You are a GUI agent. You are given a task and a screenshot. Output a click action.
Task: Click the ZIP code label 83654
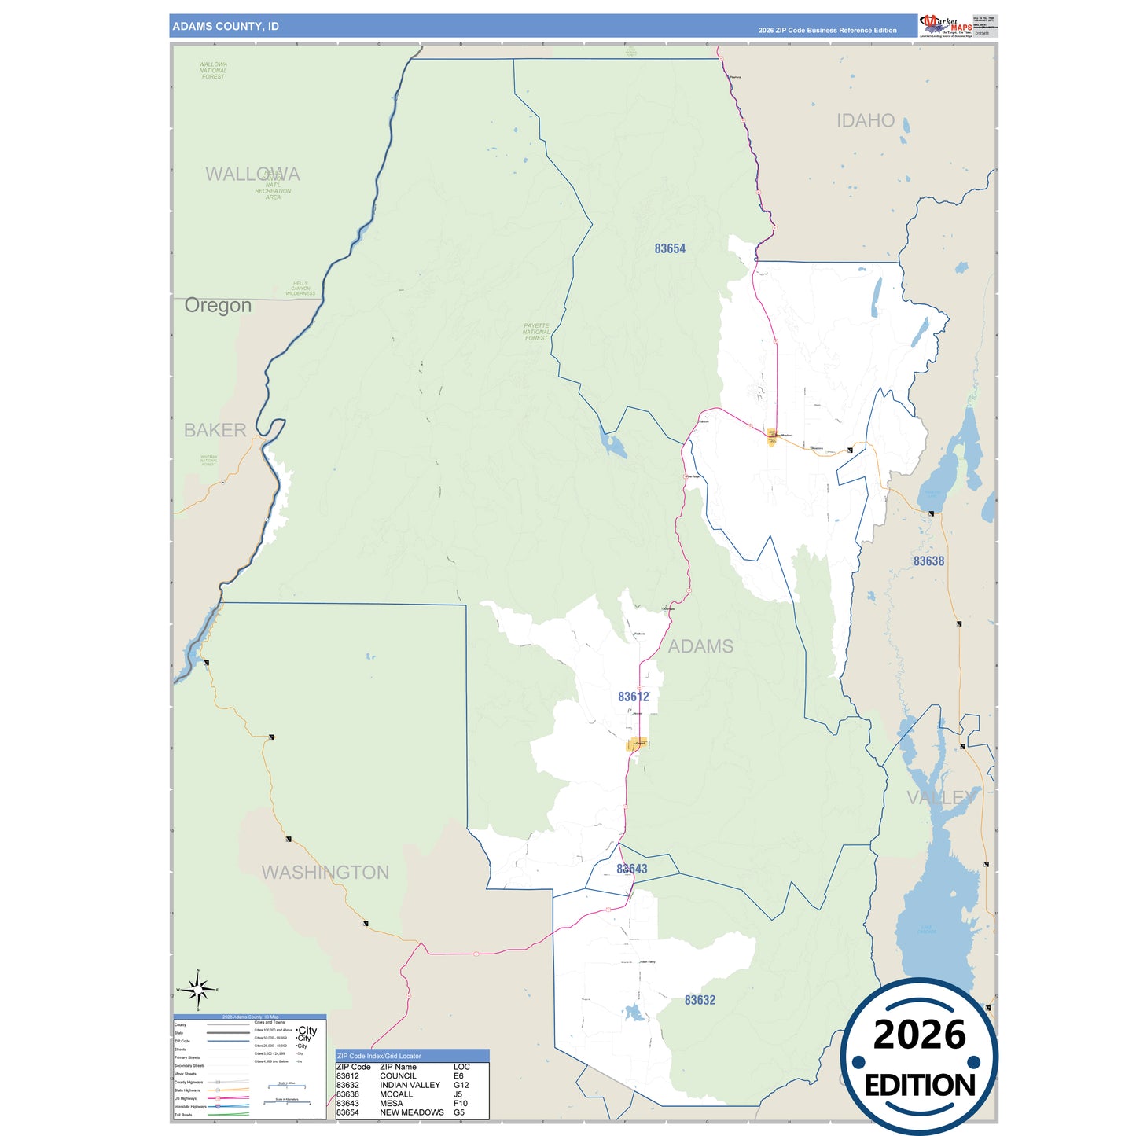tap(670, 248)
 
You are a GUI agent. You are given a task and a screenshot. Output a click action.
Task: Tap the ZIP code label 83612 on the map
tap(633, 697)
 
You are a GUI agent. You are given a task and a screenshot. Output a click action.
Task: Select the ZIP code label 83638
tap(928, 561)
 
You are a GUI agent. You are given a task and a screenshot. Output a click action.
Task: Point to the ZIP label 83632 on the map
tap(700, 1000)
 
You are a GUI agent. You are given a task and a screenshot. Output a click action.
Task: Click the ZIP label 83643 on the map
tap(632, 869)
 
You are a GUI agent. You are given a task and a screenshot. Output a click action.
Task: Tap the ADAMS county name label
tap(700, 646)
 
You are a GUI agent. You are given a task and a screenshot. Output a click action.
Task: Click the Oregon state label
tap(218, 305)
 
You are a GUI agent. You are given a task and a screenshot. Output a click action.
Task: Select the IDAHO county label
tap(865, 121)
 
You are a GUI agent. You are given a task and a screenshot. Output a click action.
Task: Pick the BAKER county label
tap(215, 430)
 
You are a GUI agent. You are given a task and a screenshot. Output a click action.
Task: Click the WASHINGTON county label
tap(325, 873)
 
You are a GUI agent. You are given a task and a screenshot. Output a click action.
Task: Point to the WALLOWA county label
tap(252, 175)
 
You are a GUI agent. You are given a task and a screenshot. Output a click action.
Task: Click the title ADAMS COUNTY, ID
tap(226, 27)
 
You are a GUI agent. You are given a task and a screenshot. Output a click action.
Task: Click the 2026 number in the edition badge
tap(919, 1035)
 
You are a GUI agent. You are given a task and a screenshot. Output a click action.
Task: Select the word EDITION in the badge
tap(920, 1086)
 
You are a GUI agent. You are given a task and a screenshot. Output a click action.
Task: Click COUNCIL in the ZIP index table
tap(398, 1076)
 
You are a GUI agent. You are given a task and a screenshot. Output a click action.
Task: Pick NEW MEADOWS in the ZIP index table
tap(411, 1112)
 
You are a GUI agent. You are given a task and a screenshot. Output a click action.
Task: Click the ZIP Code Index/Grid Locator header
tap(379, 1056)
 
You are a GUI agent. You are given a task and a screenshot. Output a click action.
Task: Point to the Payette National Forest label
tap(536, 332)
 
